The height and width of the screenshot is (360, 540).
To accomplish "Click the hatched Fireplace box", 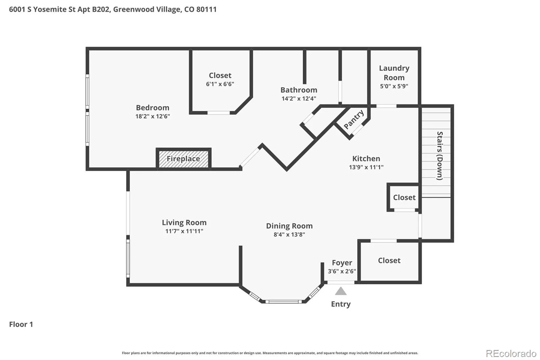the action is coord(184,159).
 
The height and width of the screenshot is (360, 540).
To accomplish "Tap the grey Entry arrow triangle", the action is coord(341,291).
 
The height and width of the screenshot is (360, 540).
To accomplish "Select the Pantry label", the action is coord(354,119).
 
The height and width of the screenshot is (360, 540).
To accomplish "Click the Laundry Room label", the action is coord(394,73).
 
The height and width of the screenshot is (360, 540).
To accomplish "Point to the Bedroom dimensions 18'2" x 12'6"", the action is coord(153,116).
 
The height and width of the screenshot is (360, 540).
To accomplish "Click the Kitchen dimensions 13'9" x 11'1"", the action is coord(366,167).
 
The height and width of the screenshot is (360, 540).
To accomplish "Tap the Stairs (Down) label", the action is coord(440,156).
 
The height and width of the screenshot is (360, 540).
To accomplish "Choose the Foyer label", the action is coord(342,262).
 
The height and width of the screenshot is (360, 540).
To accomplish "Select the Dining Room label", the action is coord(289,226).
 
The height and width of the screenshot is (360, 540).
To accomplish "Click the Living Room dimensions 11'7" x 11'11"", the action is coord(184,231).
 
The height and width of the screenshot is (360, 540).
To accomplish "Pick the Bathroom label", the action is coord(299,90).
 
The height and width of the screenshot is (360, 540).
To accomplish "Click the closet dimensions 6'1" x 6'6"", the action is coord(220,84).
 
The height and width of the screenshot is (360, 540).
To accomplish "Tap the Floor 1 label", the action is coord(21,324).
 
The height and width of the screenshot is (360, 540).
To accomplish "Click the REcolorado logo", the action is coord(511,354).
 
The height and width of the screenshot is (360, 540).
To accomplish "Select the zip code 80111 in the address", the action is coord(206,9).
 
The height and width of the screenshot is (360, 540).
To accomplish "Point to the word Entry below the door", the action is coord(341,304).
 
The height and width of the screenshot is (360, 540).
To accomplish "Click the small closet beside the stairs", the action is coord(404,197).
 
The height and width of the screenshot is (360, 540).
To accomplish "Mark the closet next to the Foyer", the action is coord(389,261).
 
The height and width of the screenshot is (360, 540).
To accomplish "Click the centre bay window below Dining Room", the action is coord(283,302).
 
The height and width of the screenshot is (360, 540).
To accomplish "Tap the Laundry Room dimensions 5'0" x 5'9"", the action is coord(394,86).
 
